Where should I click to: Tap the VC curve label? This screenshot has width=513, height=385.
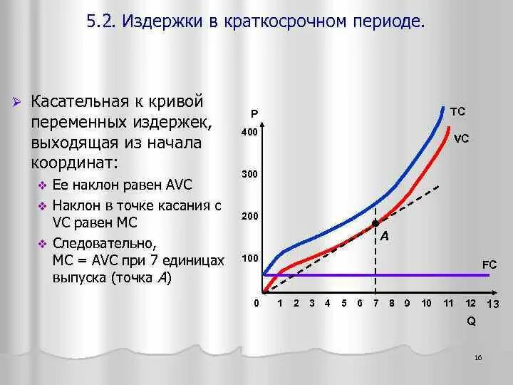462,139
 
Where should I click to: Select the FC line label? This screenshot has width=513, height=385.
489,265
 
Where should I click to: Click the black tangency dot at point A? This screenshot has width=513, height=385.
376,223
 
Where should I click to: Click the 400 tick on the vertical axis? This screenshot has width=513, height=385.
249,133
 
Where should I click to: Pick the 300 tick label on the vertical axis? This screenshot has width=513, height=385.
249,175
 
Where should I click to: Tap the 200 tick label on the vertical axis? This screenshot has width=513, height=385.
249,216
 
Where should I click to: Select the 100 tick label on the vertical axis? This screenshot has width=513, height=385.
249,257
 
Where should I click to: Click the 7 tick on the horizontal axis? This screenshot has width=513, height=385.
376,303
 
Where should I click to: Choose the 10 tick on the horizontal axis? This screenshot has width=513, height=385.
426,303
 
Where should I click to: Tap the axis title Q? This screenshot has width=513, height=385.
471,322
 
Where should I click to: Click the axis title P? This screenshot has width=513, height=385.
254,114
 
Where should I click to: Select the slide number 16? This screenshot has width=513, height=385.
477,356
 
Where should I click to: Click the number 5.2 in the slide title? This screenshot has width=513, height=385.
102,23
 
